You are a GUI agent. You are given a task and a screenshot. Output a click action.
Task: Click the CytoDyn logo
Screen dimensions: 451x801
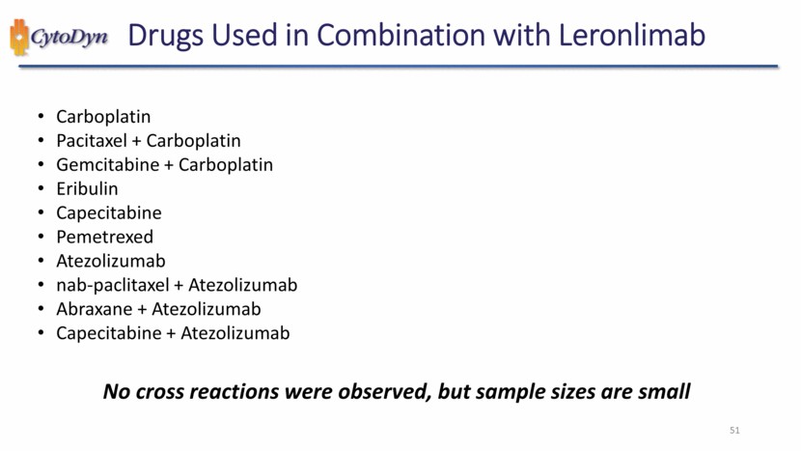59,38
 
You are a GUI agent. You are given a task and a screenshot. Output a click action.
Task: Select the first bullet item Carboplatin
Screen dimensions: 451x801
103,117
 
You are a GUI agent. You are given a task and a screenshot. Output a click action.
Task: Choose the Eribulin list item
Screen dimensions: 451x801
87,189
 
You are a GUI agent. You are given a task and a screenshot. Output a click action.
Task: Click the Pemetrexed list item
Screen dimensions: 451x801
104,238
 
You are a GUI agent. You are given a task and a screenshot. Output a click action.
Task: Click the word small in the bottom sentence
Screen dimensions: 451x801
665,392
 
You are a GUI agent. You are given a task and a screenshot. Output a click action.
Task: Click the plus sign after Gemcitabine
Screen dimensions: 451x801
168,165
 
